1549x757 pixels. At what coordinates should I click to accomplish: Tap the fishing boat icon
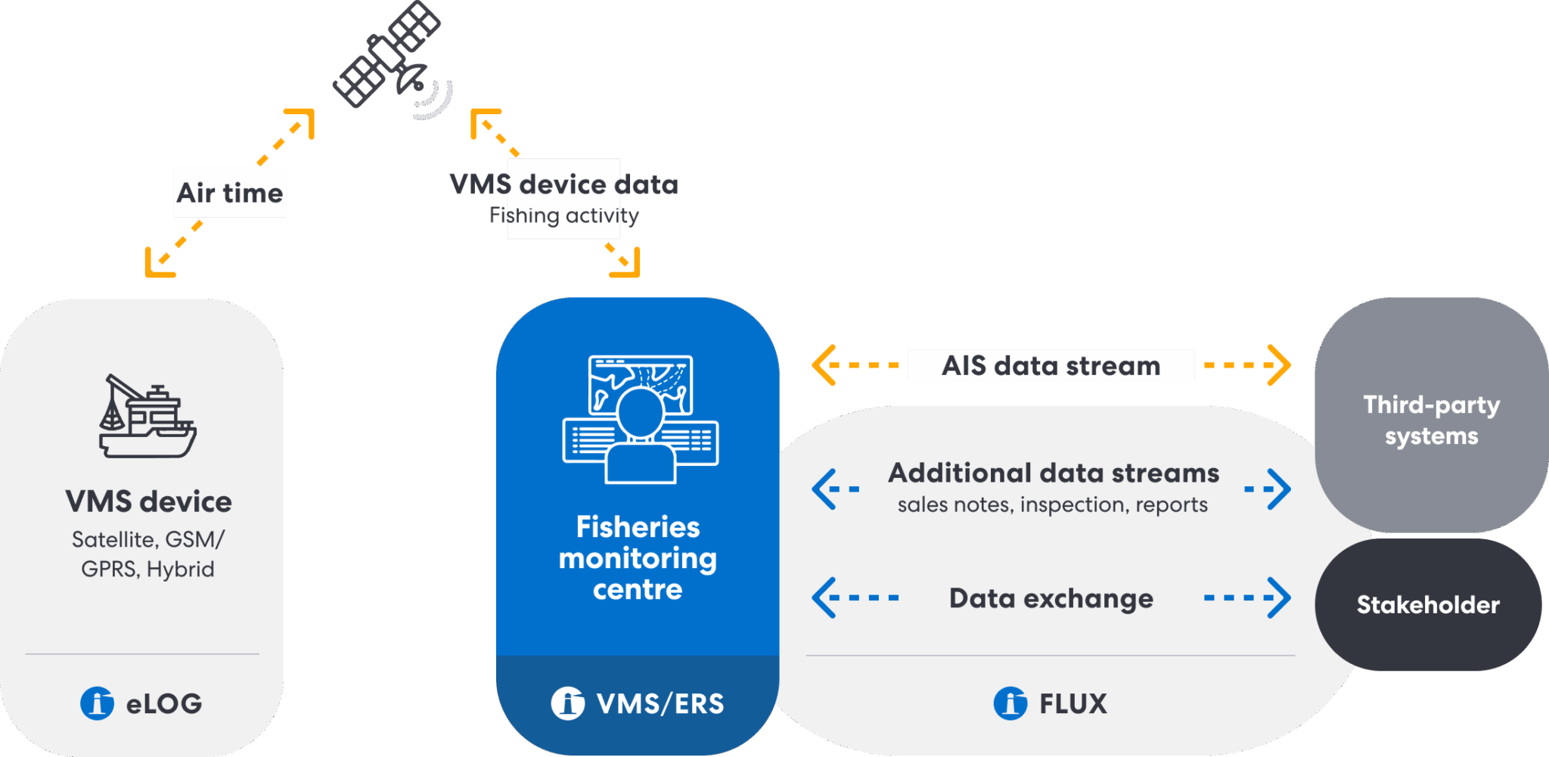[x=147, y=417]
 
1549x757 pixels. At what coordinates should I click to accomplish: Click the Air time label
[x=230, y=193]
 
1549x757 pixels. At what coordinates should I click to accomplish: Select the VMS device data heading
[x=563, y=185]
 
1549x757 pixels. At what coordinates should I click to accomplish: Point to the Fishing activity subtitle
[x=563, y=216]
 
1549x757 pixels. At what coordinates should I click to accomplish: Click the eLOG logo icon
[x=98, y=703]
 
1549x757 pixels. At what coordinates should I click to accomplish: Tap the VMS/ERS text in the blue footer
[x=660, y=704]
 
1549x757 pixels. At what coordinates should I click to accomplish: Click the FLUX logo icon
[x=1010, y=703]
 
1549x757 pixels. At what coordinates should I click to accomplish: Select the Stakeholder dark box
[x=1427, y=605]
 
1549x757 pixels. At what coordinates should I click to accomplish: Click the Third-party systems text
[x=1431, y=420]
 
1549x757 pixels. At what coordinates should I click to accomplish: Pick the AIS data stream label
[x=1051, y=366]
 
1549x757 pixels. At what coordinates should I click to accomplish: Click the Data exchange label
[x=1051, y=599]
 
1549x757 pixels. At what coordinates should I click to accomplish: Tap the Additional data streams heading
[x=1053, y=473]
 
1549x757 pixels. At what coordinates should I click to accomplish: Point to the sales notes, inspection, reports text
[x=1052, y=505]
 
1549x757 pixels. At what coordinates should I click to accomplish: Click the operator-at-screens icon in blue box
[x=640, y=420]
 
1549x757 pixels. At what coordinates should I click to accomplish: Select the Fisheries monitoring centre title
[x=638, y=558]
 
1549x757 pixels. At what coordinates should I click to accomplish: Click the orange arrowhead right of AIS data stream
[x=1280, y=365]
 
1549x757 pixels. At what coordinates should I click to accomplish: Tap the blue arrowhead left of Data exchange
[x=824, y=597]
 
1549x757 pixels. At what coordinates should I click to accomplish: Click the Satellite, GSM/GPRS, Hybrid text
[x=148, y=554]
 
